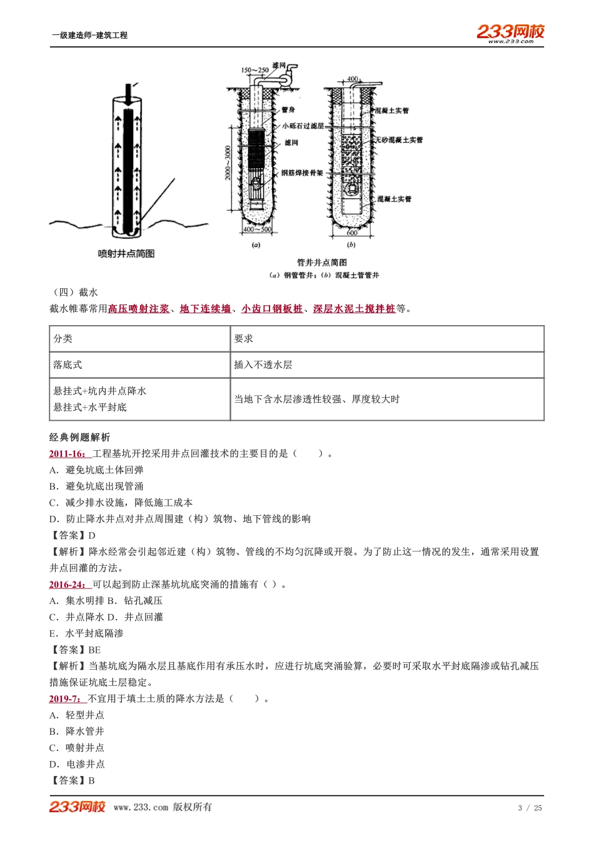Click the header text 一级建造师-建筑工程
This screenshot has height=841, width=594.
tap(89, 36)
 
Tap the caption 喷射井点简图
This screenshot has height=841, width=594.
tap(126, 254)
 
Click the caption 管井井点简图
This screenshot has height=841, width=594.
tap(321, 263)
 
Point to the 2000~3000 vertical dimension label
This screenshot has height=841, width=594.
tap(228, 163)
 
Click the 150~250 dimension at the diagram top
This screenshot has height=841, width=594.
tap(254, 71)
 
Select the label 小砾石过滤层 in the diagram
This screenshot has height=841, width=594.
tap(303, 126)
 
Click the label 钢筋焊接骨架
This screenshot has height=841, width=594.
tap(302, 173)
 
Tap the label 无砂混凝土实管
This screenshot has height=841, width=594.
tap(400, 140)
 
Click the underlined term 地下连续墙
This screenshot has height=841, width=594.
tap(205, 309)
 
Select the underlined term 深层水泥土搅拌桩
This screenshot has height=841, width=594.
tap(354, 309)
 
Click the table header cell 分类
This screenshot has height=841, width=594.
tap(63, 339)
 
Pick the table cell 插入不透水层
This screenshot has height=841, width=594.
tap(263, 365)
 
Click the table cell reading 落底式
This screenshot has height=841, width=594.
tap(68, 365)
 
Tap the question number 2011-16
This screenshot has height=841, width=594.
tap(69, 454)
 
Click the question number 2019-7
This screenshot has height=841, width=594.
tap(66, 699)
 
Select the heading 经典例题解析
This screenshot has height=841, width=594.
tap(79, 438)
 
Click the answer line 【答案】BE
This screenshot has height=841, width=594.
tap(75, 650)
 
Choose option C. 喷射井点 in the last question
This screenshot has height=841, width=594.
tap(77, 748)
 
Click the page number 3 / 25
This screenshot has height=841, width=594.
tap(530, 808)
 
